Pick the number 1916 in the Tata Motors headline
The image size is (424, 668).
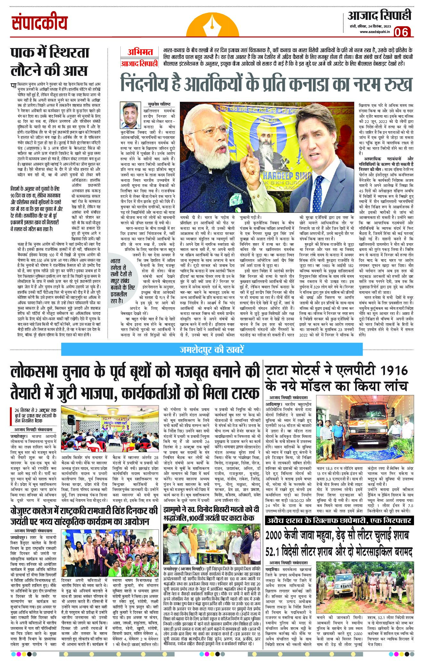click(x=392, y=370)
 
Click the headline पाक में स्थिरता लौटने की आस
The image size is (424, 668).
click(x=50, y=60)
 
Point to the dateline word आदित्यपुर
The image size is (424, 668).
click(x=273, y=404)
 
